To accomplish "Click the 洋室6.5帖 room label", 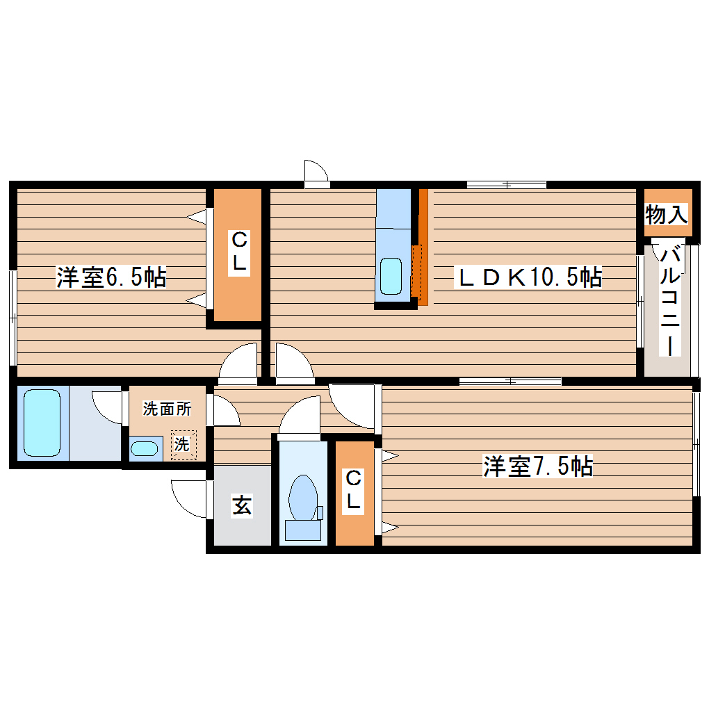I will click(111, 278).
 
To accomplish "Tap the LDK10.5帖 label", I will click(528, 278).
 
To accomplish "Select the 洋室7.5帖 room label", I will click(538, 466).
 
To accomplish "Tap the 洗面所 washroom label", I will click(167, 409).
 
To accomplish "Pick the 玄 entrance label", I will click(241, 506).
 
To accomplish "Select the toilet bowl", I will click(302, 497).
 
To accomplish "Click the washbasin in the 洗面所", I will click(145, 448).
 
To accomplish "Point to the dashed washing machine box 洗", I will click(183, 445).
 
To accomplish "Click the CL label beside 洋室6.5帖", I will click(238, 254).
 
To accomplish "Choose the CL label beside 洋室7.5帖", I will click(354, 490).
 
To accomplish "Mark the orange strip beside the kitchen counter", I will click(423, 247).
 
